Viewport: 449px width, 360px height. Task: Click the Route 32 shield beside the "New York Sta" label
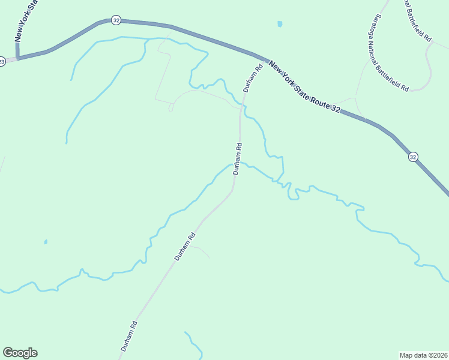coord(116,20)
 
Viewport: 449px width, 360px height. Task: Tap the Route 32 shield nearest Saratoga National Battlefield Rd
coord(413,157)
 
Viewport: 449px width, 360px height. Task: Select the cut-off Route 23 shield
coord(2,61)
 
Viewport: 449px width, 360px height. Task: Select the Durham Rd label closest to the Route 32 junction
coord(253,78)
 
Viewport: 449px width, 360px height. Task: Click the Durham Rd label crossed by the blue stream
coord(238,158)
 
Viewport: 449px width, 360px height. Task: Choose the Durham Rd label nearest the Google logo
coord(129,336)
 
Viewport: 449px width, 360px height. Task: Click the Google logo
coord(20,353)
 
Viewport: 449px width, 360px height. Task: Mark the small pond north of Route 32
coord(279,25)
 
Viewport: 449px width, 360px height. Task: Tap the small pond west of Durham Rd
coord(46,242)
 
